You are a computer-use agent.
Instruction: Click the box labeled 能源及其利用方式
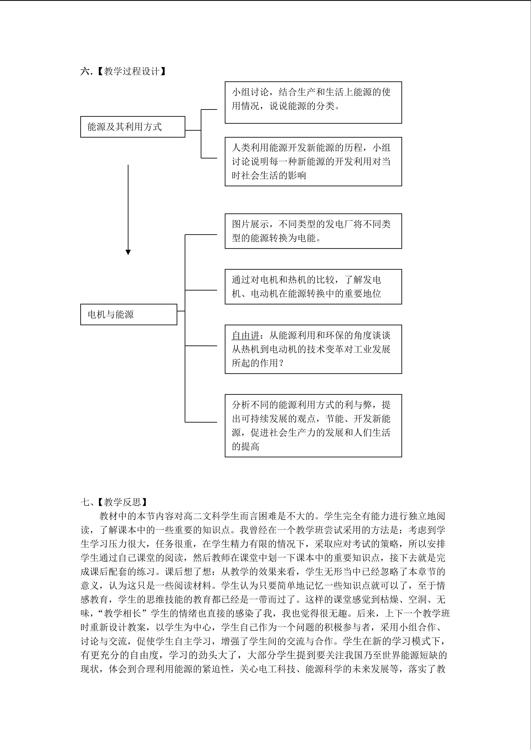tap(132, 127)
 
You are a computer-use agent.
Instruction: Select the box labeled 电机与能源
tap(128, 314)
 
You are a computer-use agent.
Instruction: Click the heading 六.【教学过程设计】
tap(123, 71)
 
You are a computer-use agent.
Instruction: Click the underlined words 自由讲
tap(246, 335)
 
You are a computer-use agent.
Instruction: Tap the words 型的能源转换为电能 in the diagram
tap(277, 238)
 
